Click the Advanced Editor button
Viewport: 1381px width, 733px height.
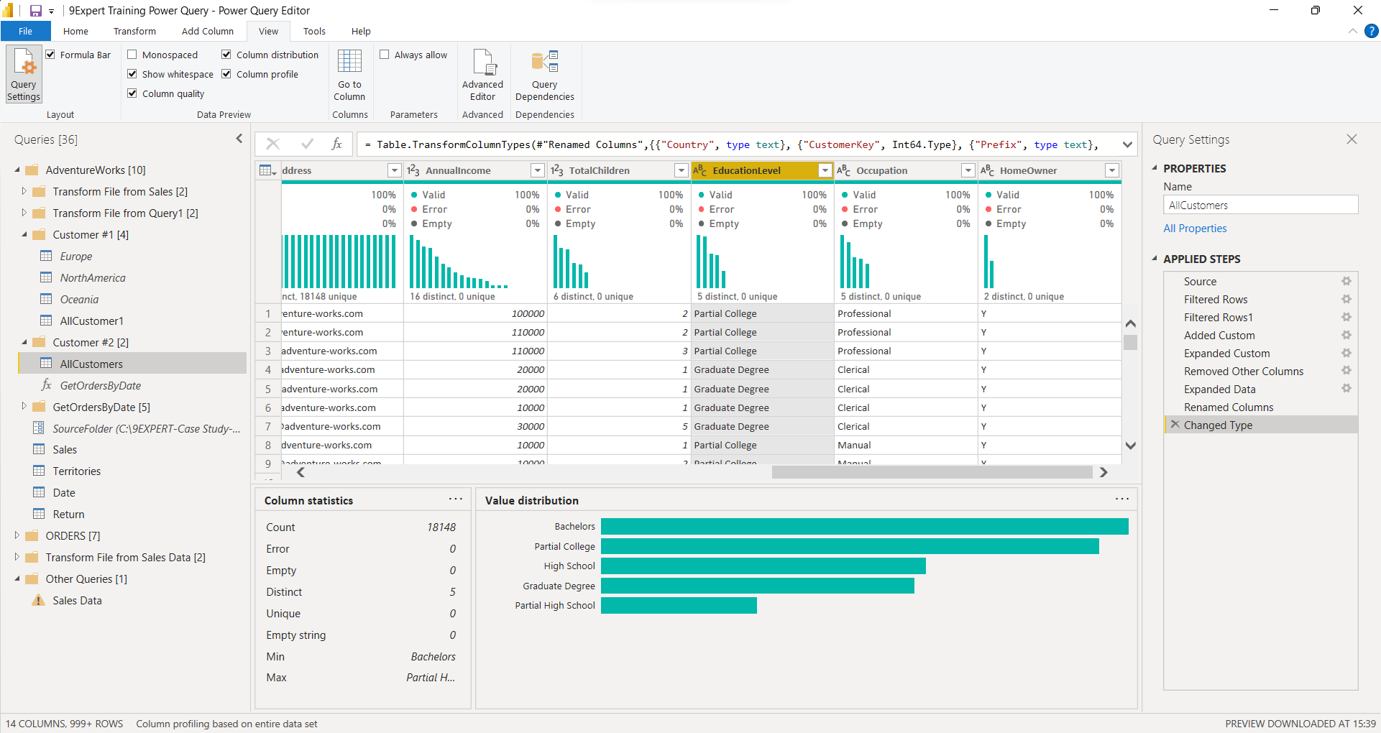tap(482, 75)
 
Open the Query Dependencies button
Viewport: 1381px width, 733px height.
tap(544, 75)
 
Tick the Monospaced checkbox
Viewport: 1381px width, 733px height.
tap(132, 55)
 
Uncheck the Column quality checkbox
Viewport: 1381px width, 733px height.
tap(132, 93)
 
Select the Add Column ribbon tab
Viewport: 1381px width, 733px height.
tap(207, 31)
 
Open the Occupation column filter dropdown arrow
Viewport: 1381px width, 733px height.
tap(968, 170)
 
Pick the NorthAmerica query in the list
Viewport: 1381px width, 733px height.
tap(93, 278)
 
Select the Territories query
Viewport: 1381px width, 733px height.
tap(76, 471)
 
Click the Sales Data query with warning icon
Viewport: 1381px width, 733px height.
tap(77, 601)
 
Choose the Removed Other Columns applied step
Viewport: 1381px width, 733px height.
tap(1243, 372)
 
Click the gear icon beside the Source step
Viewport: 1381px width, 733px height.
tap(1346, 282)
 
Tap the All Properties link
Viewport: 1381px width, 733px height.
tap(1195, 229)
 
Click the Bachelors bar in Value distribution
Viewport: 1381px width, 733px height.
tap(864, 527)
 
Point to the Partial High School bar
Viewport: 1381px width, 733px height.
tap(679, 606)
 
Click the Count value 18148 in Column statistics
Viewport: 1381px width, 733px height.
tap(441, 527)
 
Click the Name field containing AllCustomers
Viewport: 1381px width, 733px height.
tap(1260, 206)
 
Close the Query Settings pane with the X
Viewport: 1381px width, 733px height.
tap(1352, 139)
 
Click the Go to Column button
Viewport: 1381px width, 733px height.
tap(349, 75)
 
